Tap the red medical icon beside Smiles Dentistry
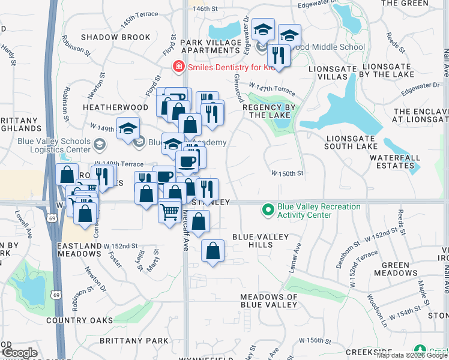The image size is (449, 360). (x=178, y=66)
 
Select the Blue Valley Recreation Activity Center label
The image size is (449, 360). (x=319, y=211)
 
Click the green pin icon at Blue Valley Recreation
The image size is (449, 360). (x=268, y=211)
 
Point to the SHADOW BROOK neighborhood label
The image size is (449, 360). (x=115, y=37)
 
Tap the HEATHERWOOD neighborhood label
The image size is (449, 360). (x=115, y=107)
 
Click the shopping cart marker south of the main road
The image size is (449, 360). (x=170, y=211)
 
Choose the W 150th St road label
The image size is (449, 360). (x=288, y=173)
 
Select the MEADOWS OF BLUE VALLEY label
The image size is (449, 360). (x=269, y=301)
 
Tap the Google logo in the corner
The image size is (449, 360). (x=20, y=353)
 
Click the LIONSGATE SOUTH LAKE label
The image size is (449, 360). (x=358, y=142)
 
